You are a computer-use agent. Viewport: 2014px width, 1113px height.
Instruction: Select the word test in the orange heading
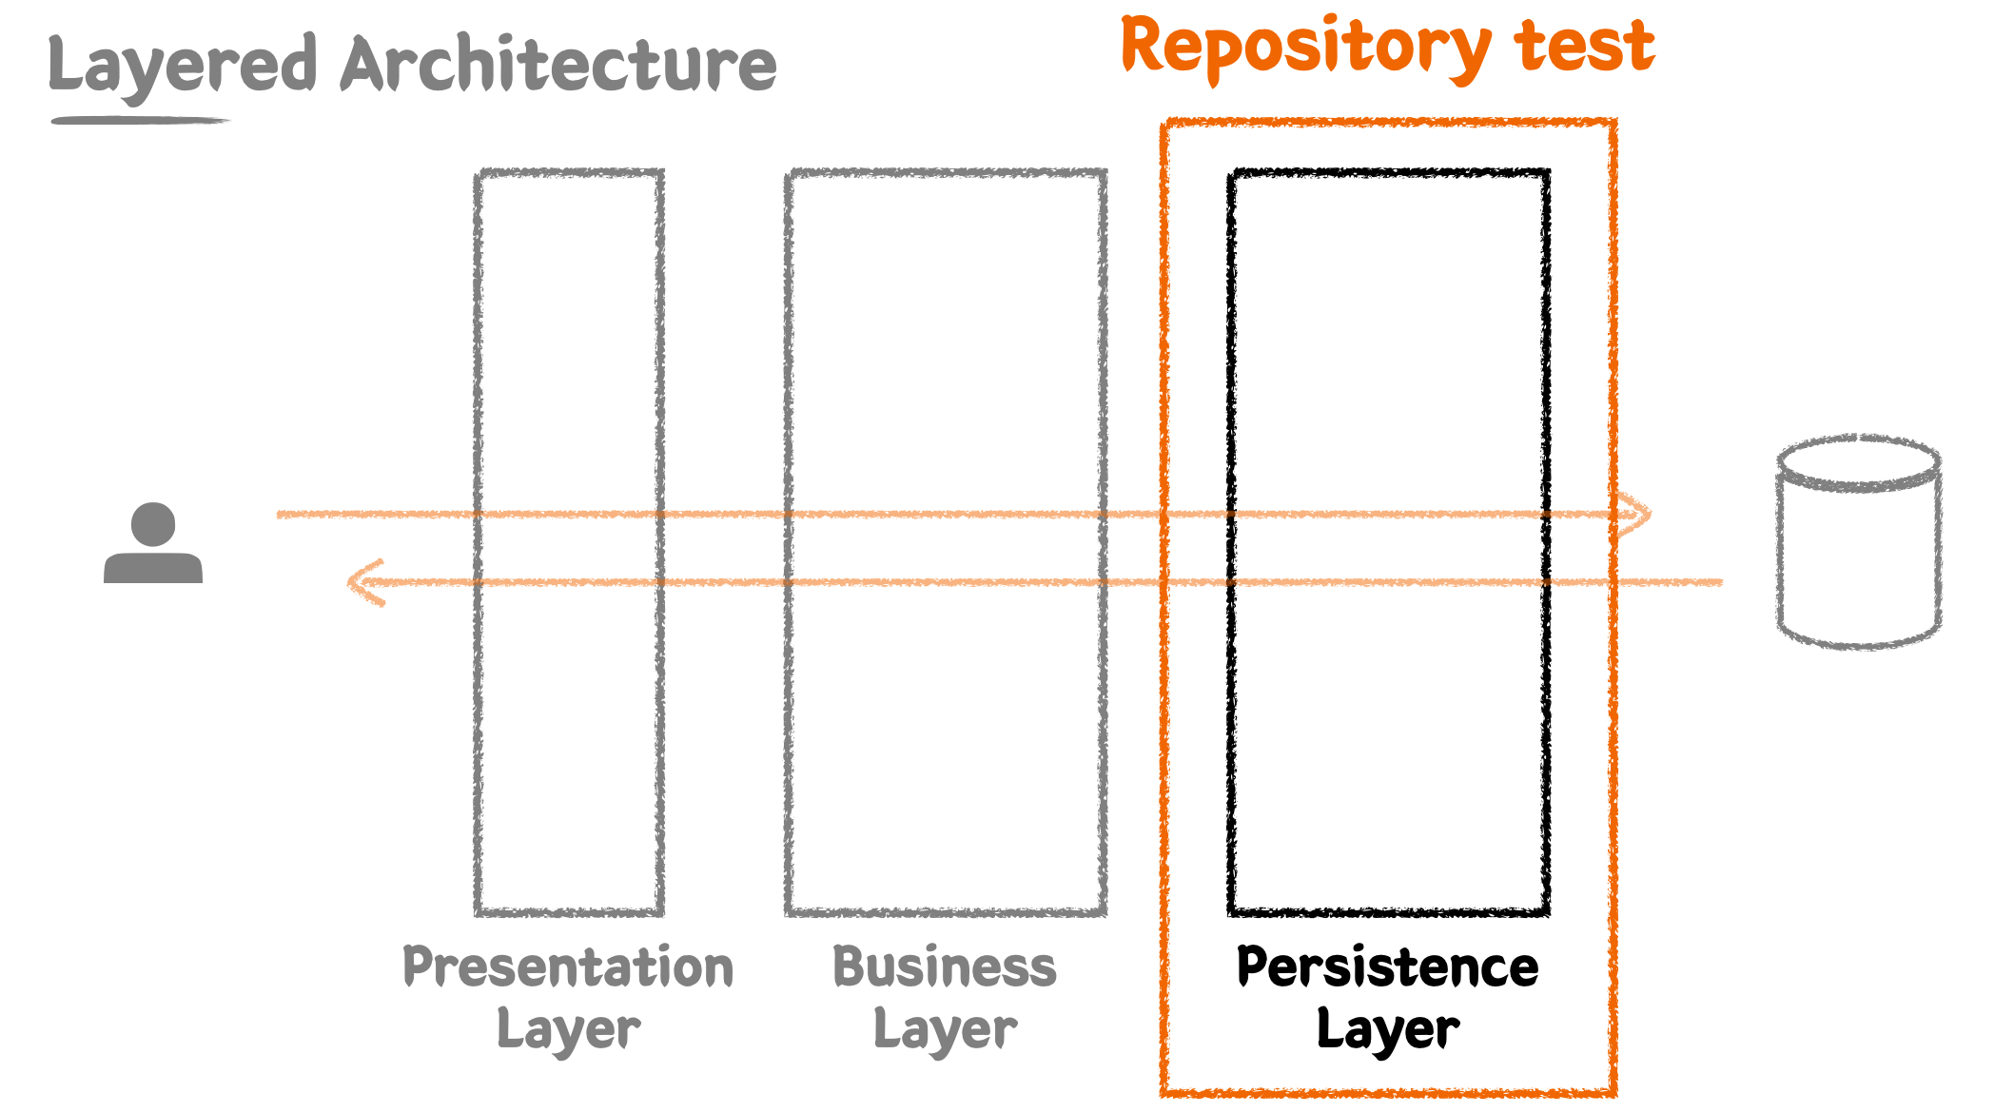coord(1584,48)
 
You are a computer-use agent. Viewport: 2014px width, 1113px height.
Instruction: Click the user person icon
coord(153,544)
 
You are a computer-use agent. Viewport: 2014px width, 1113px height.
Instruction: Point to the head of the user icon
coord(153,524)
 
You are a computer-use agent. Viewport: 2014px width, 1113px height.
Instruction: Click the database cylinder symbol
coord(1859,542)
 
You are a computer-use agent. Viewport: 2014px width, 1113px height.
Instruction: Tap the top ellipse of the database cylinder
coord(1859,463)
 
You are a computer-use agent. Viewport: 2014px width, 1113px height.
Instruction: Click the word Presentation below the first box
coord(568,967)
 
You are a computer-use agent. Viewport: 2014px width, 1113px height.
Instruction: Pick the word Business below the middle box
coord(945,967)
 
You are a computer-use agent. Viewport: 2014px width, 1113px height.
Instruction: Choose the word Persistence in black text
coord(1387,967)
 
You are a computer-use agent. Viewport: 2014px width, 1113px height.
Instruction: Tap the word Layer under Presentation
coord(568,1030)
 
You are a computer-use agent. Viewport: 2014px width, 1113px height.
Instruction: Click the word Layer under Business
coord(945,1030)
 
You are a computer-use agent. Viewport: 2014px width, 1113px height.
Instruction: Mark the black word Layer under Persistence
coord(1387,1030)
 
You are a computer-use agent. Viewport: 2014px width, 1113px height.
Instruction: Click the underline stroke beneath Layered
coord(141,121)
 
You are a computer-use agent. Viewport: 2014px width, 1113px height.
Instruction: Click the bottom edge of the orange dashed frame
coord(1389,1092)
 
